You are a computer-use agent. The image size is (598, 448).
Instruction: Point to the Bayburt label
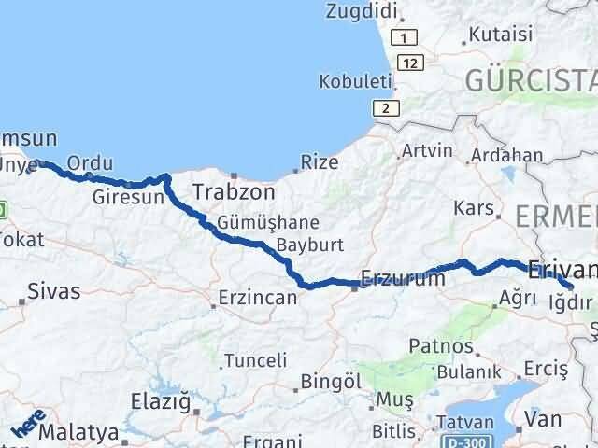pyautogui.click(x=310, y=245)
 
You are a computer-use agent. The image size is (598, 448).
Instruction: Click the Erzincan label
pyautogui.click(x=257, y=299)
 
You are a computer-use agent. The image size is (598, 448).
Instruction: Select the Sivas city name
pyautogui.click(x=54, y=290)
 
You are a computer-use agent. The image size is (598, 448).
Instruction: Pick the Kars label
pyautogui.click(x=471, y=207)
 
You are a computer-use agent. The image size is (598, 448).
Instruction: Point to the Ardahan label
pyautogui.click(x=506, y=155)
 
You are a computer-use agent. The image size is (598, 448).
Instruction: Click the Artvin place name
pyautogui.click(x=426, y=150)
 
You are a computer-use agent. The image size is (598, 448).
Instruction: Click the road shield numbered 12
pyautogui.click(x=411, y=62)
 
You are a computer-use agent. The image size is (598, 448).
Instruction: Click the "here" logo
pyautogui.click(x=28, y=426)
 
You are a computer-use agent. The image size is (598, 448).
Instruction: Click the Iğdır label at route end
pyautogui.click(x=571, y=302)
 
